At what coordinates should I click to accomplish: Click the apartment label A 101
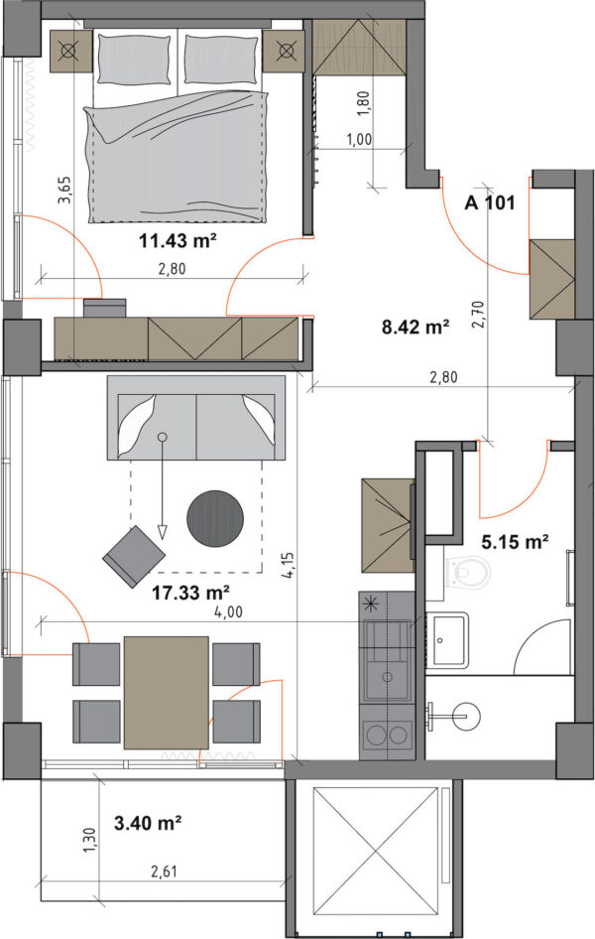[x=489, y=203]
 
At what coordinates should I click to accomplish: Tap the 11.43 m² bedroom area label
[x=178, y=241]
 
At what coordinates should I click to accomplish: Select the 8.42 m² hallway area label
[x=416, y=327]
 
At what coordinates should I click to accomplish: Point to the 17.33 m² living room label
[x=190, y=593]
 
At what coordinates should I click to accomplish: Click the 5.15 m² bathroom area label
[x=516, y=542]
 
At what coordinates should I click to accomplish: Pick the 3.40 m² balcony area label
[x=148, y=824]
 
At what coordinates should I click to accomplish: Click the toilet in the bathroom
[x=468, y=572]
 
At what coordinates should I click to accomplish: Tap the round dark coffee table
[x=215, y=518]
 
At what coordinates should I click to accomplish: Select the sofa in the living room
[x=196, y=418]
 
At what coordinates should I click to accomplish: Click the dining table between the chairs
[x=167, y=692]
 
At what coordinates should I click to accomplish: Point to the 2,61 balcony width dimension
[x=164, y=871]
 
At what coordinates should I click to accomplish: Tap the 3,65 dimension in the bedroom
[x=64, y=190]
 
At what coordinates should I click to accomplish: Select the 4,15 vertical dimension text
[x=289, y=565]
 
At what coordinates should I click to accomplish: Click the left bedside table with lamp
[x=70, y=52]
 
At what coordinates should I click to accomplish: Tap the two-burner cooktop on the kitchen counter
[x=387, y=736]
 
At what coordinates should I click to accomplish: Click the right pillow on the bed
[x=221, y=59]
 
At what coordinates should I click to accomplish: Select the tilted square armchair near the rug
[x=134, y=556]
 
